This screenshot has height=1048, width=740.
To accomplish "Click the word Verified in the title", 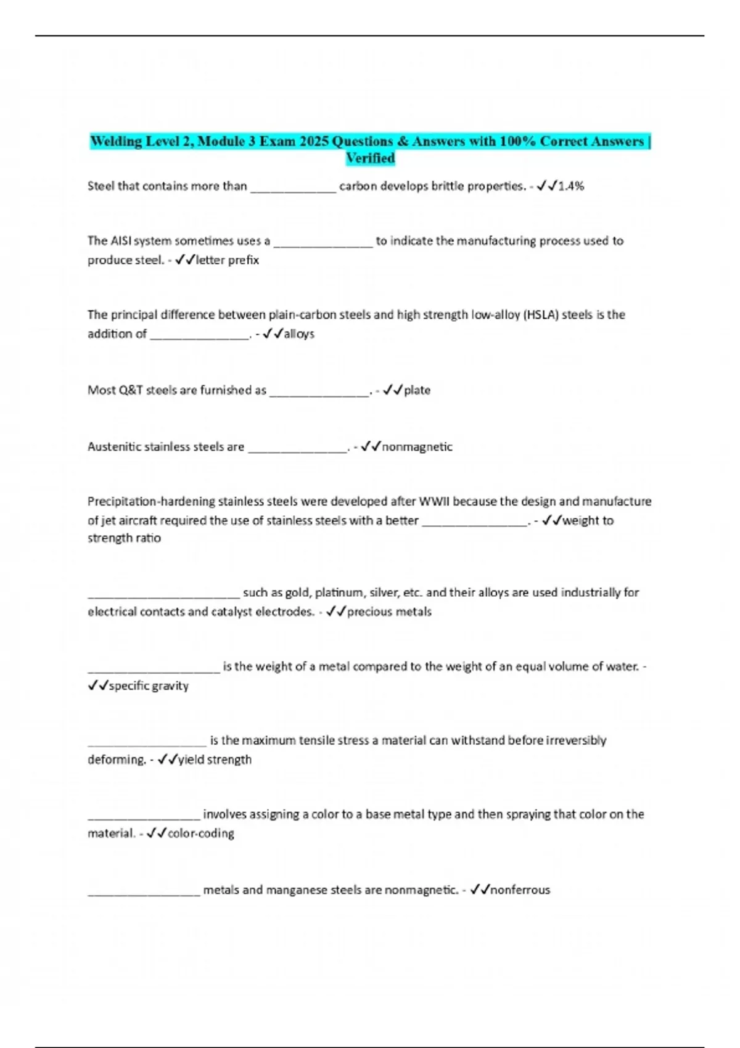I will [370, 158].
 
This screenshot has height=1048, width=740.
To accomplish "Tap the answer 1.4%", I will [571, 186].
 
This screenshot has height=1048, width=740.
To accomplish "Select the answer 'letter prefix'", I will [228, 260].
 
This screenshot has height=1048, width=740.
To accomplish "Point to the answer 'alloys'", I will [299, 334].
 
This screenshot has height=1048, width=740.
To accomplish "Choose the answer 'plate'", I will [417, 390].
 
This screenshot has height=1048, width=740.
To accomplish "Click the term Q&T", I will [131, 390].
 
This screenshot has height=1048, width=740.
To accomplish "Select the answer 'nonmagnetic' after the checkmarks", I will [417, 447].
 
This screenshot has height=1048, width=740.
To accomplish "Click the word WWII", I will [435, 502].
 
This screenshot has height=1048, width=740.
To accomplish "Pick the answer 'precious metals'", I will [389, 612].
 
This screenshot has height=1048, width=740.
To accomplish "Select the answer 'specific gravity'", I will [149, 686].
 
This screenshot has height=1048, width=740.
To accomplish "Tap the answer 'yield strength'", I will [215, 760].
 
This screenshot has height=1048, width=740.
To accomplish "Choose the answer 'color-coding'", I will [201, 834].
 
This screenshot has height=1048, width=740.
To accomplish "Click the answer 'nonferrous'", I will [520, 890].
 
